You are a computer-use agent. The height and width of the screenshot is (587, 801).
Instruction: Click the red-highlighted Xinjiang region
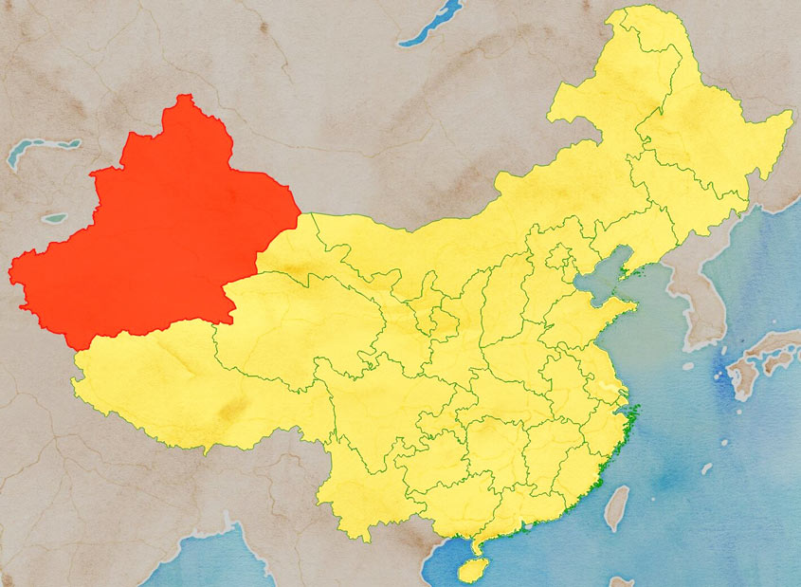tap(161, 237)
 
